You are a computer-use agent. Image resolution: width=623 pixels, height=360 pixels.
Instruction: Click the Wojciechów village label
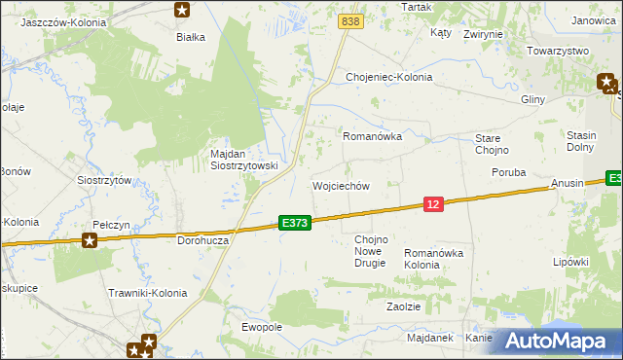click(340, 186)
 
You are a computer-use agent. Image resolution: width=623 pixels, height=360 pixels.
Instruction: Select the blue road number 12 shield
click(434, 203)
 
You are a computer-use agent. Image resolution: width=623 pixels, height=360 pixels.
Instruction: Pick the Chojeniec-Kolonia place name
click(388, 77)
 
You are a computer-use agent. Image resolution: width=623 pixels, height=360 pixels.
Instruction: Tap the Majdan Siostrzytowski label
click(244, 160)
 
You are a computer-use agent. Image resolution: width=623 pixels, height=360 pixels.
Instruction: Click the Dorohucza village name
click(202, 238)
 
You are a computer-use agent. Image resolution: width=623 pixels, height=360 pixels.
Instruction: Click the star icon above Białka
click(182, 11)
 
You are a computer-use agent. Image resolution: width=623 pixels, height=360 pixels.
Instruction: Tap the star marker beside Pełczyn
click(91, 239)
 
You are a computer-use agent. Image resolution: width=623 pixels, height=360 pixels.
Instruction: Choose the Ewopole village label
click(262, 327)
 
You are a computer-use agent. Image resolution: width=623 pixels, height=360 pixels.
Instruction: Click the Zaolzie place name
click(403, 306)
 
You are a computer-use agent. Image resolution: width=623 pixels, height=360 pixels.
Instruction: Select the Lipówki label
click(571, 262)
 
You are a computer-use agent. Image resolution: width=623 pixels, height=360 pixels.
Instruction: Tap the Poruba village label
click(508, 172)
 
